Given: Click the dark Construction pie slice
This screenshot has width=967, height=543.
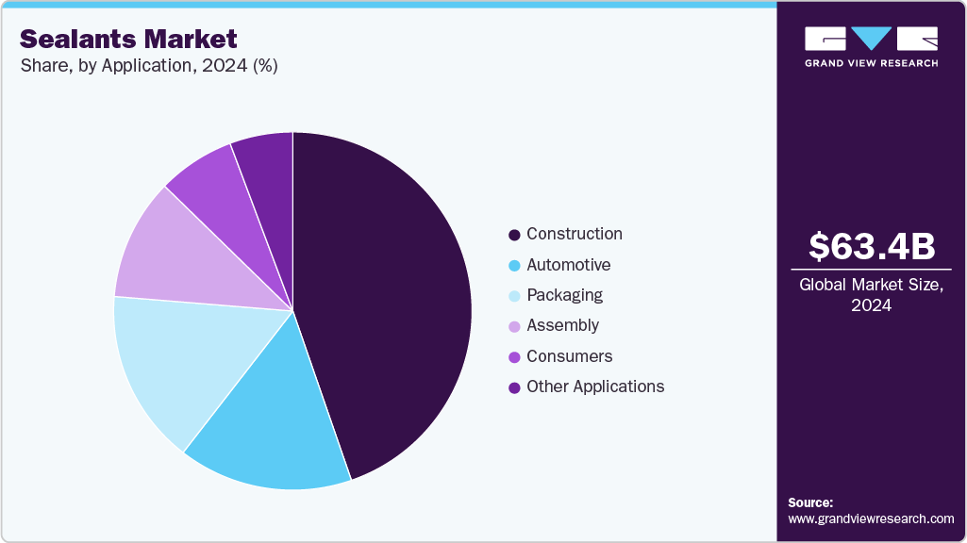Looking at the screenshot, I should tap(387, 302).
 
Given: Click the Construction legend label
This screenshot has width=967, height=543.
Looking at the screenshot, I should tap(574, 234).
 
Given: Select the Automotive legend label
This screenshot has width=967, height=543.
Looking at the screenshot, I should tap(568, 265).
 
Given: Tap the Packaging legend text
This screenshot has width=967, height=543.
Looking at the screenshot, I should tap(564, 295).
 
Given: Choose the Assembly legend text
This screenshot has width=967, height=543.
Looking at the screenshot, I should tap(562, 325).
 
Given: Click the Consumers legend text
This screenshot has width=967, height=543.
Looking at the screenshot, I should tap(569, 356).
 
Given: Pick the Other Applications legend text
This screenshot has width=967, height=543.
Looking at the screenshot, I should tap(595, 387).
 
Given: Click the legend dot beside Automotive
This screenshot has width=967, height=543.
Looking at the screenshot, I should tap(514, 266).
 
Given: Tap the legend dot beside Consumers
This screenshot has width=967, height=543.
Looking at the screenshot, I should tap(514, 357).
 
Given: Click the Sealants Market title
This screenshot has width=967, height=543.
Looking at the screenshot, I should tap(127, 39).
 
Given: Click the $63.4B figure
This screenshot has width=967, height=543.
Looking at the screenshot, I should tap(872, 246).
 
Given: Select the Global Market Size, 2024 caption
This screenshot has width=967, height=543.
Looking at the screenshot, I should tap(872, 294).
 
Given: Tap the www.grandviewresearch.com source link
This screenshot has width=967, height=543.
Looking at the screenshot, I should tap(871, 518).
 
